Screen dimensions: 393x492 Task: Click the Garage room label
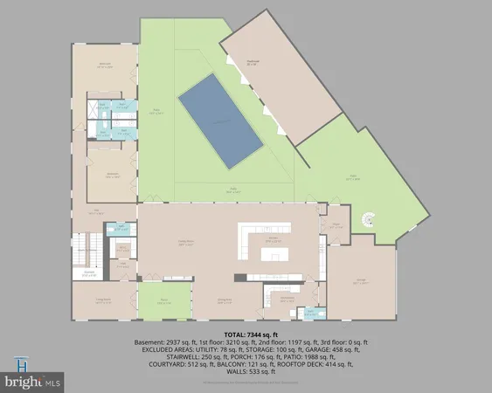360,281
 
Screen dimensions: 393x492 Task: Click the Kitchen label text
272,238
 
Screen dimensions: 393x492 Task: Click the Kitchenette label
287,299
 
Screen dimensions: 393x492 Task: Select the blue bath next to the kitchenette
311,312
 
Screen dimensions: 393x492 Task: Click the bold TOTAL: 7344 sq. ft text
246,334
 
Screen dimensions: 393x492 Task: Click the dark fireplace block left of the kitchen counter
236,278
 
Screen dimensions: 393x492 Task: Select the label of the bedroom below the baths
113,175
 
